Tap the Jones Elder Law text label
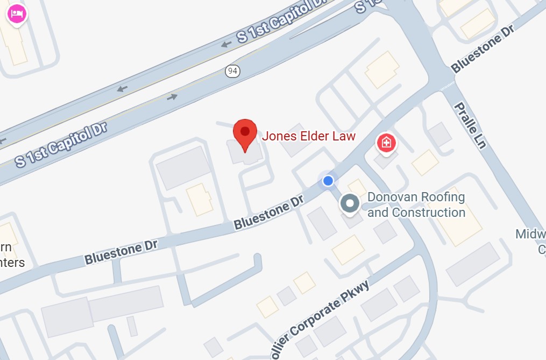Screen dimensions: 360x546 point(309,136)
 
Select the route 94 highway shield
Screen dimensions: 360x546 point(232,71)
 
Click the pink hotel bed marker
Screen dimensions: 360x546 point(17,14)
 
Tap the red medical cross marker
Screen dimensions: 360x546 point(386,143)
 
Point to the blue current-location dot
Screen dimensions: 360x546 point(328,180)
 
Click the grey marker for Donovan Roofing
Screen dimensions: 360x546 point(351,204)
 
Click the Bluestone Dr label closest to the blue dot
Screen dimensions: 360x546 point(268,213)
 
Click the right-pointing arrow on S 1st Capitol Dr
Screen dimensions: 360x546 point(172,97)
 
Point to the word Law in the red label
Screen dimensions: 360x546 point(345,136)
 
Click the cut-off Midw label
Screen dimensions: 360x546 point(530,235)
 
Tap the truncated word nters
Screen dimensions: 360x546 point(12,263)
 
